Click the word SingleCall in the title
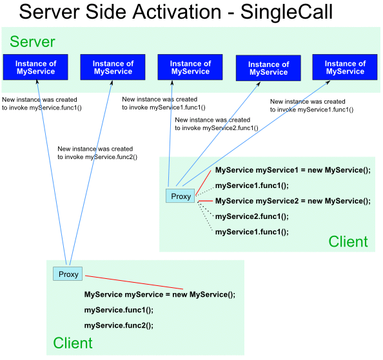pyautogui.click(x=286, y=12)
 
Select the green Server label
pyautogui.click(x=32, y=42)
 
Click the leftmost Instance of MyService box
pyautogui.click(x=35, y=67)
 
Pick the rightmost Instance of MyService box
pyautogui.click(x=345, y=67)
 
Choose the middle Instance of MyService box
pyautogui.click(x=190, y=67)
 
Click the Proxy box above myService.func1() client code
pyautogui.click(x=68, y=274)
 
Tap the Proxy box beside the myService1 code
pyautogui.click(x=181, y=196)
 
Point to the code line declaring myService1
pyautogui.click(x=293, y=170)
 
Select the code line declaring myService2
pyautogui.click(x=293, y=201)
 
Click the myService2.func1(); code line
pyautogui.click(x=252, y=216)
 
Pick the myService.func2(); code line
pyautogui.click(x=119, y=326)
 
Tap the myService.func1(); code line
pyautogui.click(x=119, y=310)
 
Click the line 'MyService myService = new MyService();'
pyautogui.click(x=160, y=295)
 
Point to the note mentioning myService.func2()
pyautogui.click(x=97, y=153)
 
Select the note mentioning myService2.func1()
pyautogui.click(x=217, y=124)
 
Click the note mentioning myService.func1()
pyautogui.click(x=42, y=104)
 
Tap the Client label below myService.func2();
pyautogui.click(x=73, y=343)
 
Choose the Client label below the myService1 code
pyautogui.click(x=348, y=242)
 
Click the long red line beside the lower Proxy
pyautogui.click(x=134, y=283)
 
